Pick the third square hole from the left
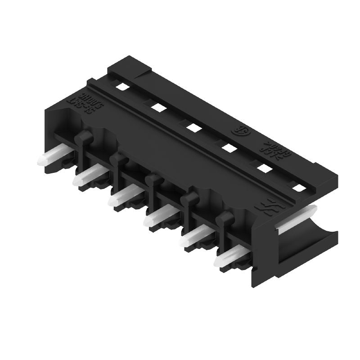click(193, 127)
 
